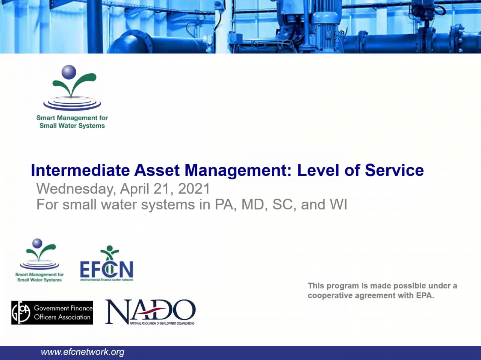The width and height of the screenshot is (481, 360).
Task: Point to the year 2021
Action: [x=194, y=189]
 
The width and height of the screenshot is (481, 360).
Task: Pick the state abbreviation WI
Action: [x=338, y=205]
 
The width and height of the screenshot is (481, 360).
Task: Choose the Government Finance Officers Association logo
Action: [x=52, y=313]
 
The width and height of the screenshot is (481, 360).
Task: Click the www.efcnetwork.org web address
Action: [x=82, y=352]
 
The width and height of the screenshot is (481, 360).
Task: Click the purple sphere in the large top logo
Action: [x=69, y=72]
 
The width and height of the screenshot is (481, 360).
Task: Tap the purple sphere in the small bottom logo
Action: [x=37, y=243]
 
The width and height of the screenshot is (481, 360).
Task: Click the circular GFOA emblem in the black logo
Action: [x=21, y=313]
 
